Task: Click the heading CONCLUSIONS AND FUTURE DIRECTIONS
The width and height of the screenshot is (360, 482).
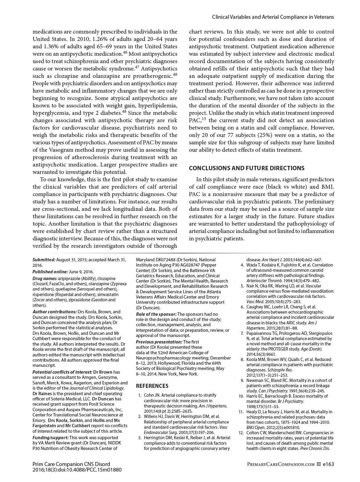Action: pyautogui.click(x=246, y=168)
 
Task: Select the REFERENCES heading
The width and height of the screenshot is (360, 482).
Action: pyautogui.click(x=152, y=386)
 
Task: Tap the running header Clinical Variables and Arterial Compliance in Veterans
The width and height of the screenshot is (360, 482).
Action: pyautogui.click(x=273, y=17)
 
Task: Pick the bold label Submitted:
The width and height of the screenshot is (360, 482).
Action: pyautogui.click(x=44, y=260)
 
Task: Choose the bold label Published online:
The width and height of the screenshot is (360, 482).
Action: pyautogui.click(x=50, y=272)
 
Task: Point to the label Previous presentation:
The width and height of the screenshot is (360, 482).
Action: pyautogui.click(x=159, y=342)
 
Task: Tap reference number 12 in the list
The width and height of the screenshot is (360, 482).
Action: pyautogui.click(x=242, y=433)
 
